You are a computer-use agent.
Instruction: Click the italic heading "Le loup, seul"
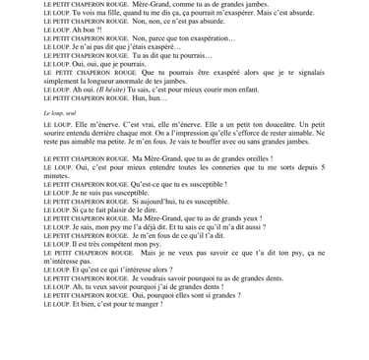[x=61, y=114]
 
